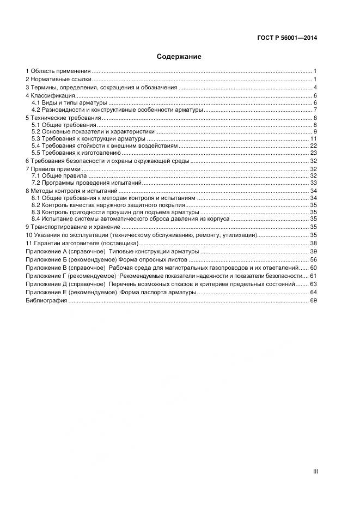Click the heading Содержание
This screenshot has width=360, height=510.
point(179,57)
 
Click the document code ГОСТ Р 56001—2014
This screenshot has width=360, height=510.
point(287,38)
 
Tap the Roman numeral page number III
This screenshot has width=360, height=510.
point(314,471)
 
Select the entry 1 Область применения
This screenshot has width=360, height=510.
point(58,71)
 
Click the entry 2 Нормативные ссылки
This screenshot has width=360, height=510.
point(58,80)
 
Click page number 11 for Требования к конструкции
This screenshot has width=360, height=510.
point(314,139)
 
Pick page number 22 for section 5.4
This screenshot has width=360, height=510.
point(313,146)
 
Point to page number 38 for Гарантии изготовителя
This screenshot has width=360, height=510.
point(313,242)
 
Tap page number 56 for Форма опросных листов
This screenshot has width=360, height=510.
point(313,260)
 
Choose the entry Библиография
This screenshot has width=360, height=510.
point(46,300)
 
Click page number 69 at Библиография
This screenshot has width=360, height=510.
point(313,300)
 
